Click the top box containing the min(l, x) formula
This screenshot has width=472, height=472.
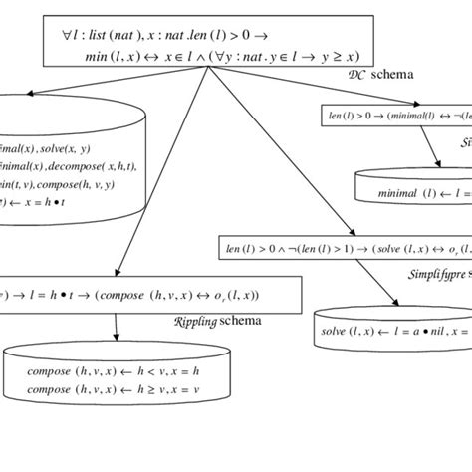(205, 45)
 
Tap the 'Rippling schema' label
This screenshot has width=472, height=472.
(214, 321)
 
